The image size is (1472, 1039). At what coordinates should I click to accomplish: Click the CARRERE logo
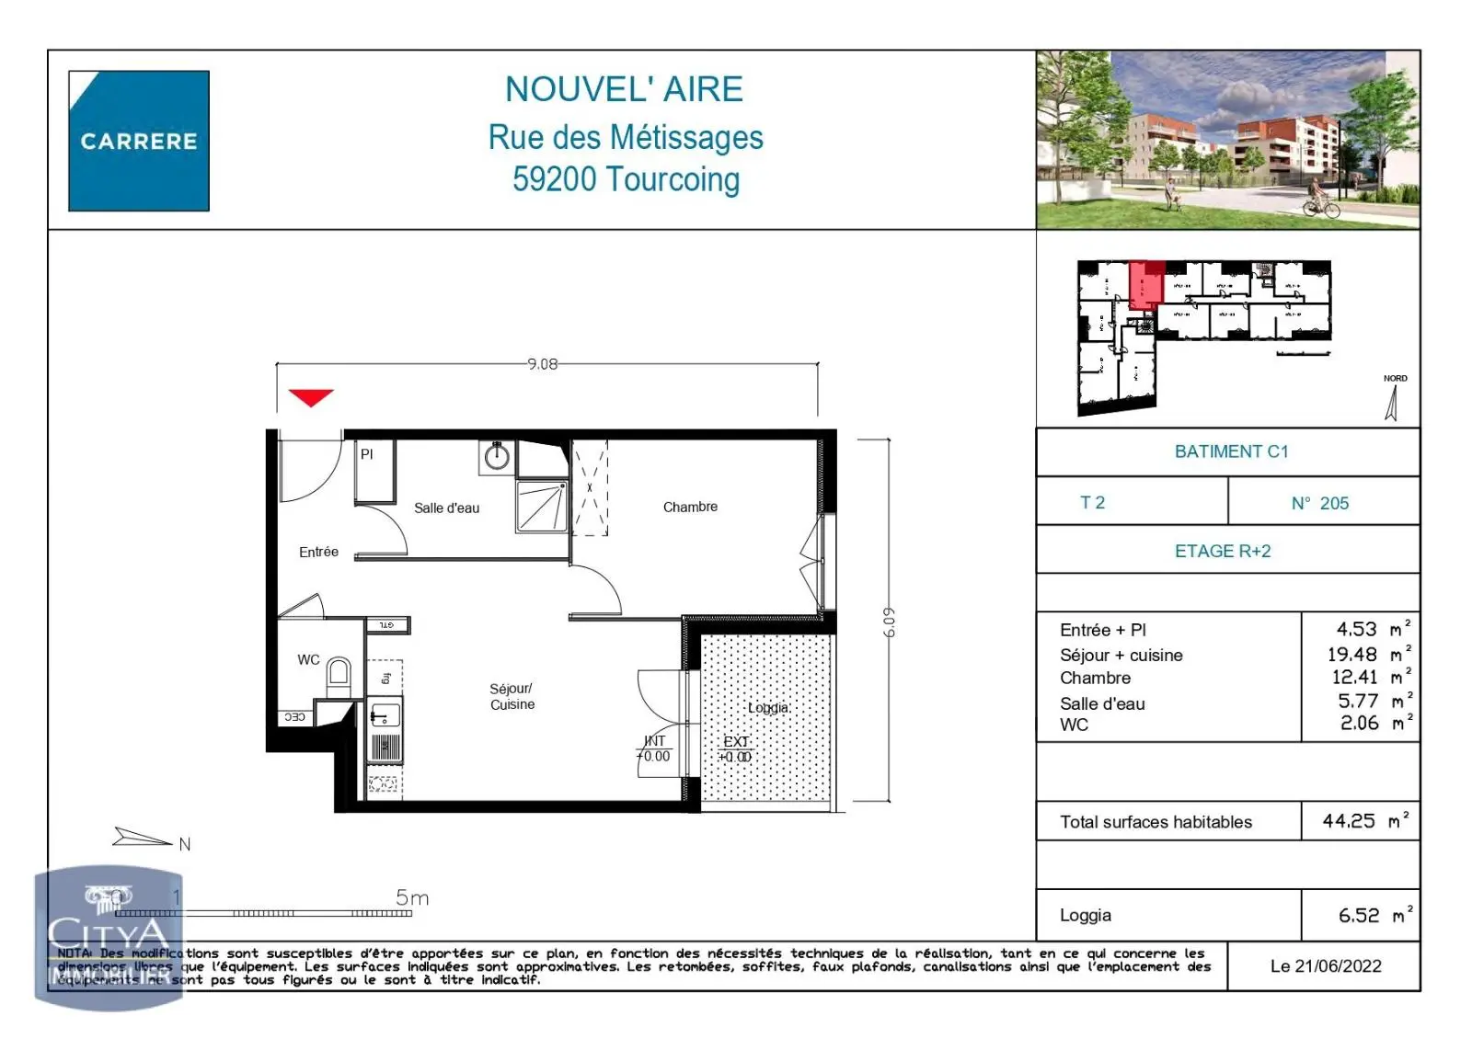[139, 141]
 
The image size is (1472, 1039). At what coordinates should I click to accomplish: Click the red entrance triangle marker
[311, 397]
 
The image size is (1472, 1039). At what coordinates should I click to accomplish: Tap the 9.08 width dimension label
[543, 364]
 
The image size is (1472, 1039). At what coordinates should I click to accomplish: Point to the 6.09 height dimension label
[888, 622]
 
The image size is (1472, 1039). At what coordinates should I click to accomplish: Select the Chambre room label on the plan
[690, 507]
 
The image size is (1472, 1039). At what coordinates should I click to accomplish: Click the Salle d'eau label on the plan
[446, 508]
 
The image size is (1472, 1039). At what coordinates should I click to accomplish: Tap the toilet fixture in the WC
[339, 676]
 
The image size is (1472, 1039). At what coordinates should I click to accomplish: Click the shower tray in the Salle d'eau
[542, 507]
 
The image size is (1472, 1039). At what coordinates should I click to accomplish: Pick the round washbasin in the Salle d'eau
[498, 457]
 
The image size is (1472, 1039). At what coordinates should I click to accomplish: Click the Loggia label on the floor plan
[767, 708]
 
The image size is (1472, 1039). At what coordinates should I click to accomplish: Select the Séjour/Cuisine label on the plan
[512, 696]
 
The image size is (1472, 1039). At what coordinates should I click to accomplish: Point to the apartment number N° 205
[1320, 503]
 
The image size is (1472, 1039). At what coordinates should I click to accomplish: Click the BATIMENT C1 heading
[1231, 451]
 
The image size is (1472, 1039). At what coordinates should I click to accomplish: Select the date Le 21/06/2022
[1326, 965]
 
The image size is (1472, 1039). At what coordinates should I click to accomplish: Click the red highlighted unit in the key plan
[1145, 285]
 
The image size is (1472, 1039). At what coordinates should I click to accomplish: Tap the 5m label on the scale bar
[412, 897]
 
